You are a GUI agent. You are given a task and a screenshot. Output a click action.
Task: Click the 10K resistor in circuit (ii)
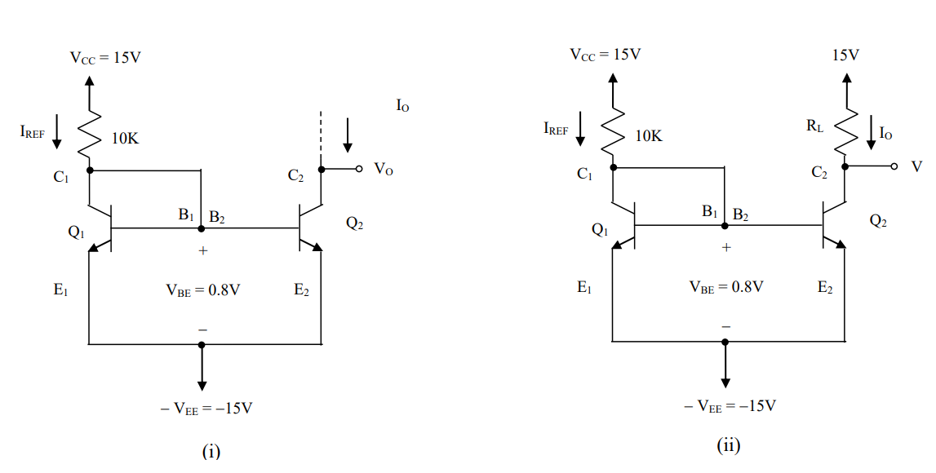coord(613,128)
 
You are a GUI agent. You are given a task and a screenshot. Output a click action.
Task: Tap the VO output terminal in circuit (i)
coord(357,170)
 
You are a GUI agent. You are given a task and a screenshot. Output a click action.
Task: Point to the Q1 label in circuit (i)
coord(76,232)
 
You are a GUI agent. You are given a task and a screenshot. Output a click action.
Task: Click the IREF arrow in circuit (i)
coord(56,131)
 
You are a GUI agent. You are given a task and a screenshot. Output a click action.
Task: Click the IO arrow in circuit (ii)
coord(871,133)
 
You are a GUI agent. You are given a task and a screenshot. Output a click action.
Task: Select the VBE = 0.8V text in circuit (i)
coord(203,290)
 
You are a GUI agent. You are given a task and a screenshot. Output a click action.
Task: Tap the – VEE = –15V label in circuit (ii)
coord(730,405)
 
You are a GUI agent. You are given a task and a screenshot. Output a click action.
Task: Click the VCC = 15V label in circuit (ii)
coord(606,55)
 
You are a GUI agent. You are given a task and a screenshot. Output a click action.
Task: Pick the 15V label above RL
coord(845,55)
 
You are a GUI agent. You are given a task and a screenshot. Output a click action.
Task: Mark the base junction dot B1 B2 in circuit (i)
coord(202,229)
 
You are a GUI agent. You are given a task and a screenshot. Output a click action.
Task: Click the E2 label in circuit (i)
coord(302,290)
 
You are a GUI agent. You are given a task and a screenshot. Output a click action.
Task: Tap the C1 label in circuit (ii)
coord(584,174)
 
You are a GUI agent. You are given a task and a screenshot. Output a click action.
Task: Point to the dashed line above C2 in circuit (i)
coord(322,135)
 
